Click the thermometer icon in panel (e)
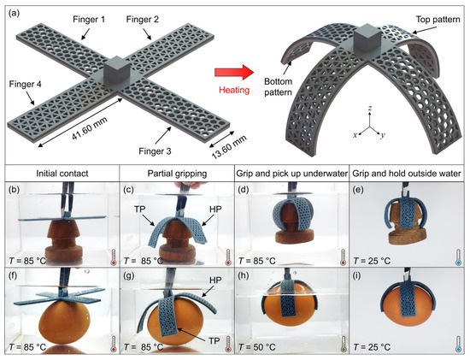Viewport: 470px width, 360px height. (x=458, y=255)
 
